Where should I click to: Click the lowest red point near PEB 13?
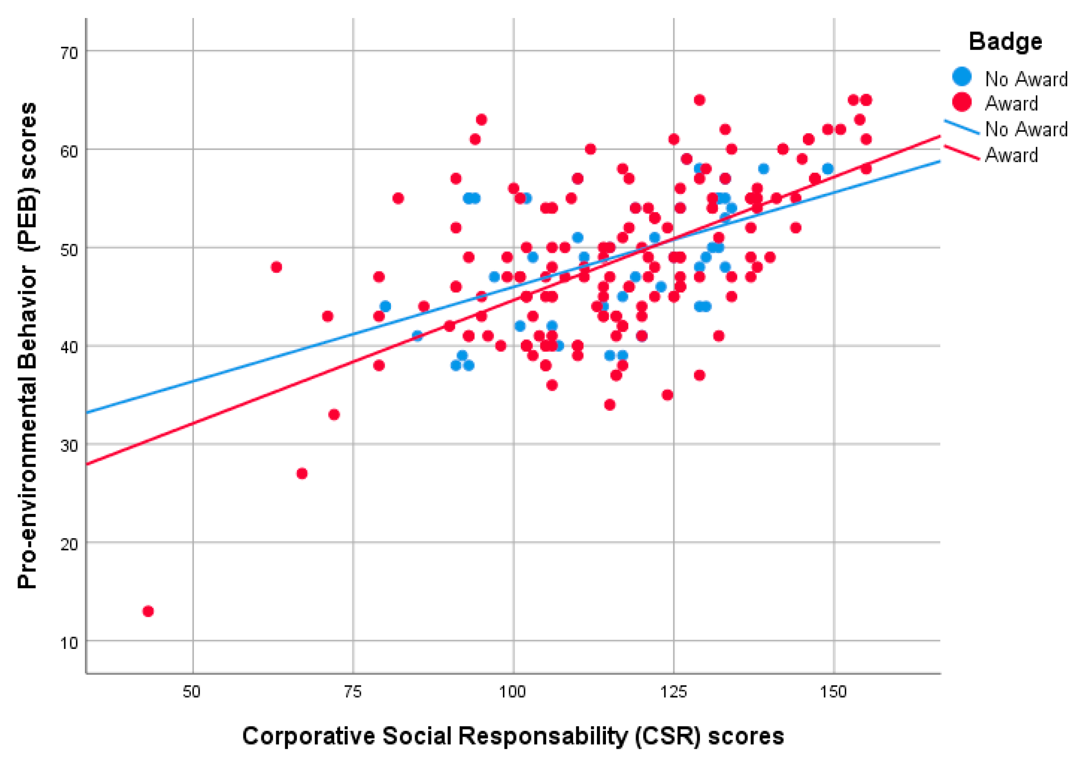148,612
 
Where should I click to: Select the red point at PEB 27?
302,473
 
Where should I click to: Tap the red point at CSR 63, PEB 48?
277,267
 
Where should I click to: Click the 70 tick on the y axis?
68,53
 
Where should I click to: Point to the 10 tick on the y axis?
68,643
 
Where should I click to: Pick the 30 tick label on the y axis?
68,446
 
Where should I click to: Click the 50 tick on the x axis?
193,692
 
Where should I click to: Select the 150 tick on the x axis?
834,692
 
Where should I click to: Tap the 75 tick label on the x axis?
353,692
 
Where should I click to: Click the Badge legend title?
1005,41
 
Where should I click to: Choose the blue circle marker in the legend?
962,76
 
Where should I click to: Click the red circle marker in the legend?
962,102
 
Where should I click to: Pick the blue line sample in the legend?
962,127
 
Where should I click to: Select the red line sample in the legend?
962,153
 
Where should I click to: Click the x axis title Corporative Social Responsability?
513,736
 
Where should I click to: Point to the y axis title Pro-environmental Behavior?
27,345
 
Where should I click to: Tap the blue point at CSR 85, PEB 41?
417,336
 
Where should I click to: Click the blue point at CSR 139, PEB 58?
763,169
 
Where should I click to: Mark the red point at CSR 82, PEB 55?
398,198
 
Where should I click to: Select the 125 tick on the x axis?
673,692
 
